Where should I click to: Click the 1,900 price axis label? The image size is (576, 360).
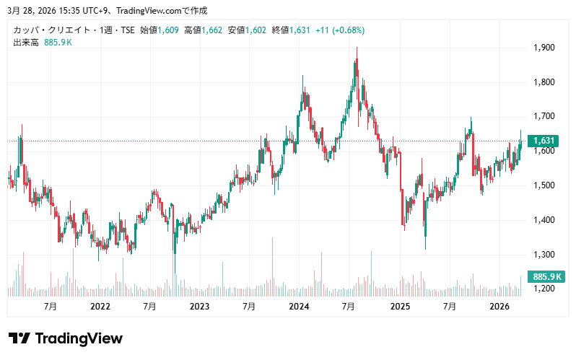(544, 48)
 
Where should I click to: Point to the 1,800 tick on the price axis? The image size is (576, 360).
(544, 82)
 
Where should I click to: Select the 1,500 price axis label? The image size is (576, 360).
(544, 185)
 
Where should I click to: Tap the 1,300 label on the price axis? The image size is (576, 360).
(544, 255)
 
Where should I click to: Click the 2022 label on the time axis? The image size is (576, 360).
(100, 307)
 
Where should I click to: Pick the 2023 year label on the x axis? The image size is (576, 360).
(199, 307)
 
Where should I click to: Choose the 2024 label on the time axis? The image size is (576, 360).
(299, 307)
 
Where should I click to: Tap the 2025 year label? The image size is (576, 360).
(399, 307)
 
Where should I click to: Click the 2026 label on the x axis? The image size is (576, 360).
(499, 307)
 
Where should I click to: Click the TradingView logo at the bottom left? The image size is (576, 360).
(65, 338)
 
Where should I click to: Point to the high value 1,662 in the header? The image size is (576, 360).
(214, 30)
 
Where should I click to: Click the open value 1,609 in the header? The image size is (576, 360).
(170, 30)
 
